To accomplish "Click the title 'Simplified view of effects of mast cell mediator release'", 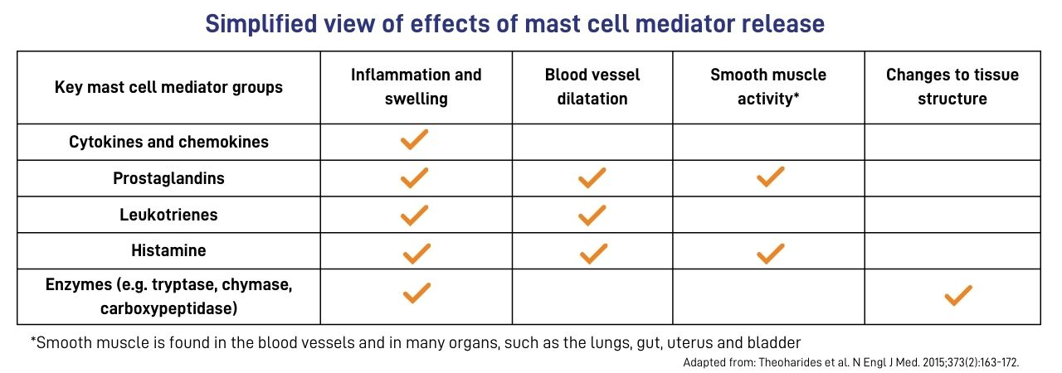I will pos(514,23).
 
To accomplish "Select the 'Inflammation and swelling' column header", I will pos(416,87).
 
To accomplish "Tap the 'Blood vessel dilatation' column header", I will pos(592,87).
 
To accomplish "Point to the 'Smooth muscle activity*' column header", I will pos(768,87).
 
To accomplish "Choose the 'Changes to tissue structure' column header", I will pos(952,87).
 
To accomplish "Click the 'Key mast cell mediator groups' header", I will pos(168,87).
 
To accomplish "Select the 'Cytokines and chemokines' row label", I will pos(168,142).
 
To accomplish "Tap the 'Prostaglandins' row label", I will pos(168,178).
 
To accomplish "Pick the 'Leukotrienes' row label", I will pos(168,215).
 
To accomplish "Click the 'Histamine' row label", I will pos(168,250).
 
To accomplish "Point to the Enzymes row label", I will pos(168,296).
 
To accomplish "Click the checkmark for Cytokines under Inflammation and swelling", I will pos(414,140).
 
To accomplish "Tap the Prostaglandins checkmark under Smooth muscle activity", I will pos(770,177).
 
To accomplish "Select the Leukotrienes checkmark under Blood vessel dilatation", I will pos(592,216).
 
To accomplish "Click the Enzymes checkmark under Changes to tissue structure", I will pos(957,295).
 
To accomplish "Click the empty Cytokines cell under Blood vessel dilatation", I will pos(592,142).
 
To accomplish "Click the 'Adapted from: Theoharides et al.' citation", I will pos(850,362).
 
